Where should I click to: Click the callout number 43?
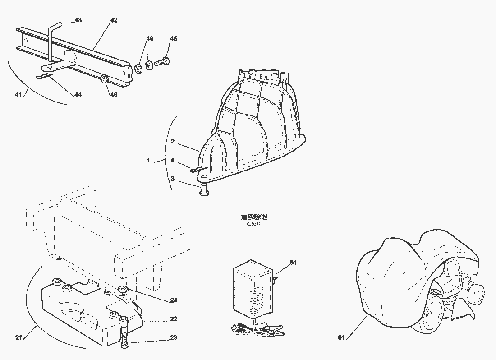(78, 20)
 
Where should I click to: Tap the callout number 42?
(114, 20)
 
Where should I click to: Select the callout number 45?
(173, 39)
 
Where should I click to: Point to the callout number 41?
(18, 95)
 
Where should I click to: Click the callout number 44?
(78, 95)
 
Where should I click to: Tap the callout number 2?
(172, 141)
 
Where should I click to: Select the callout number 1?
(148, 160)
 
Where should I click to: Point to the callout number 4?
(172, 160)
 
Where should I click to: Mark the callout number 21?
(18, 337)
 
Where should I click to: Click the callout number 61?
(341, 337)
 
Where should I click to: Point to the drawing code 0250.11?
(254, 223)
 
